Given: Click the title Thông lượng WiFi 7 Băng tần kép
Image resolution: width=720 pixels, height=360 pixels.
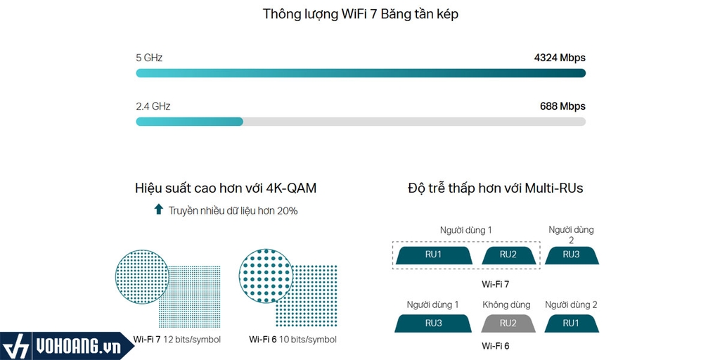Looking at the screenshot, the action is click(x=361, y=14).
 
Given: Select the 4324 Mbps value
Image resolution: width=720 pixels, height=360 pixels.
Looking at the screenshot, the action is click(x=560, y=58).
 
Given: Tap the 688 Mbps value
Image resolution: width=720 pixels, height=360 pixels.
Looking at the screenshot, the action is click(x=562, y=107).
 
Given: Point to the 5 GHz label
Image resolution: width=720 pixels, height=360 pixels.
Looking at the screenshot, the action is click(x=149, y=58).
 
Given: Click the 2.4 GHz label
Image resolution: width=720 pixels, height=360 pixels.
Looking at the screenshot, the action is click(x=153, y=107).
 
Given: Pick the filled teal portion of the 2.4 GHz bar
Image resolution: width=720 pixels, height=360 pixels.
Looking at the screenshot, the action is click(x=189, y=122).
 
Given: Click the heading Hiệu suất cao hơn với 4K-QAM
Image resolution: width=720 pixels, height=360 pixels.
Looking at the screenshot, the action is click(x=226, y=188).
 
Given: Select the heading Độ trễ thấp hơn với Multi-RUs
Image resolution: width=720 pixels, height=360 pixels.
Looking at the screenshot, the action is click(x=496, y=188).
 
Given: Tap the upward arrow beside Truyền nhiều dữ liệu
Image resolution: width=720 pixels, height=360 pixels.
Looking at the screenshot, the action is click(x=158, y=210).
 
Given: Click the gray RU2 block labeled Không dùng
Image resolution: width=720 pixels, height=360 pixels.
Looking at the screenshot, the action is click(x=508, y=323).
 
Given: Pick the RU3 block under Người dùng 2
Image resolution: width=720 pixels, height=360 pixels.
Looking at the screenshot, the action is click(x=572, y=255).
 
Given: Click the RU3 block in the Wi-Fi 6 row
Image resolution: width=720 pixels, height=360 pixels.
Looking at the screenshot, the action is click(x=433, y=323).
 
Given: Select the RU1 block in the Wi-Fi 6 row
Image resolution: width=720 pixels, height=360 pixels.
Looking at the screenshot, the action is click(x=572, y=323).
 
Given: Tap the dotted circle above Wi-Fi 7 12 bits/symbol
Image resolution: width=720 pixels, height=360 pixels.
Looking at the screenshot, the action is click(x=142, y=277).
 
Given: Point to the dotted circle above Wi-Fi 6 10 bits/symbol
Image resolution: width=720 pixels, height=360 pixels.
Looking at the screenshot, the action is click(x=266, y=276).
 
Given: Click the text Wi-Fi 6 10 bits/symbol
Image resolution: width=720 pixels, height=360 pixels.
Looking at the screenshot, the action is click(x=293, y=340).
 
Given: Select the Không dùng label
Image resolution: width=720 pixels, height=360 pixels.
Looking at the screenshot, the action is click(x=506, y=304).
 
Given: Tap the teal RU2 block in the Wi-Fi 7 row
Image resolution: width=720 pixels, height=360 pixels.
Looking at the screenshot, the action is click(x=508, y=255).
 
